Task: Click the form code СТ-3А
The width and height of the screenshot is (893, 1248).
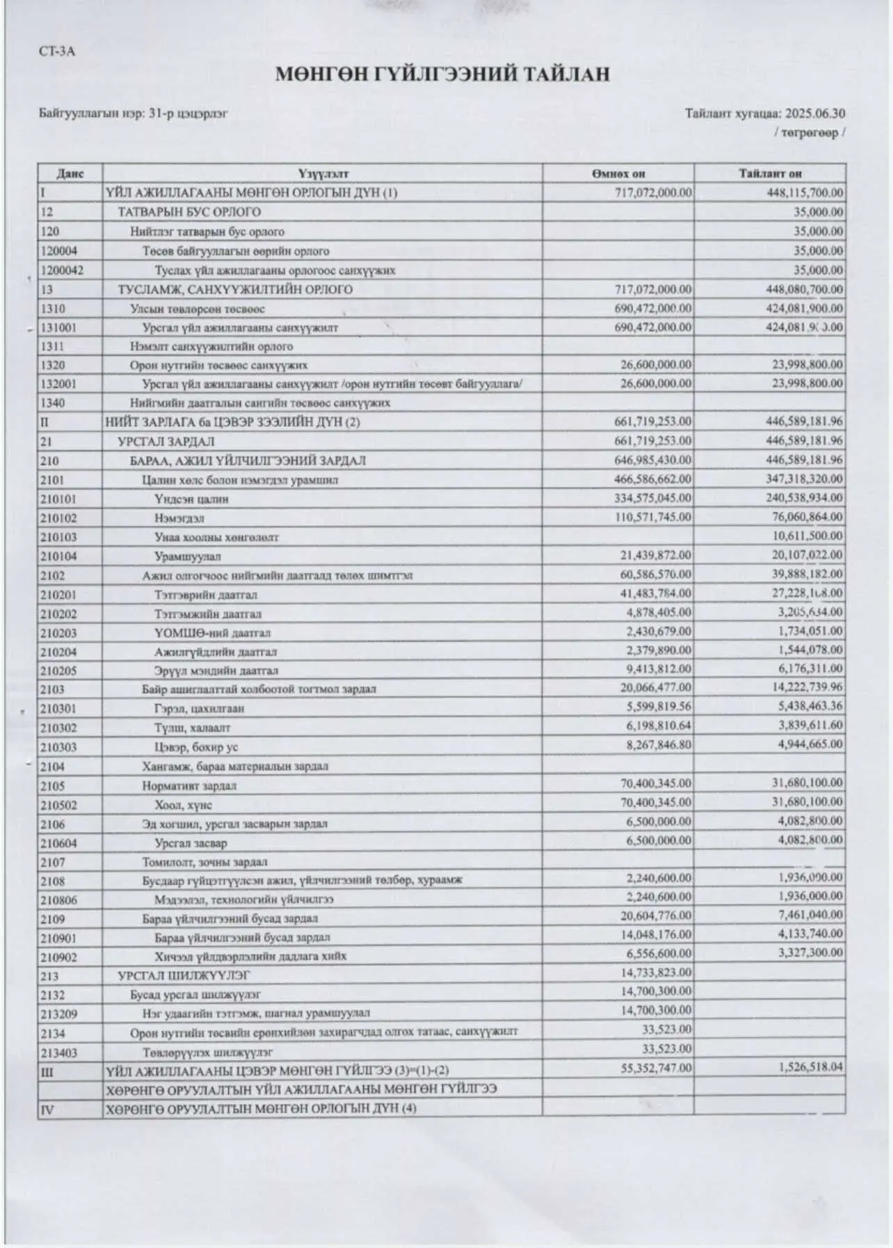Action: tap(57, 52)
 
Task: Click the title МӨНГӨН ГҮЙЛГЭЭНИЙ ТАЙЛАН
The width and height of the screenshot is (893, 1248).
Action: tap(442, 74)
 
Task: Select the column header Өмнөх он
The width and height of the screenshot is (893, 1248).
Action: tap(618, 174)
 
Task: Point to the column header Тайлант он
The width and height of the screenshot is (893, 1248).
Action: tap(770, 174)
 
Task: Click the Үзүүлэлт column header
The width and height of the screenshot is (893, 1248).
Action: tap(323, 174)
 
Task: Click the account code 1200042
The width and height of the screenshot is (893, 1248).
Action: tap(62, 270)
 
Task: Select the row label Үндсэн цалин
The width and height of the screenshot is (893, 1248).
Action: tap(192, 499)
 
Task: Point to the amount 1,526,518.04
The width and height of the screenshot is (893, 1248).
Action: tap(810, 1066)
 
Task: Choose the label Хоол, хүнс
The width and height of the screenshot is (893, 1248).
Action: tap(184, 805)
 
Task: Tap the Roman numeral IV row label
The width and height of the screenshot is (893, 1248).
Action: tap(47, 1110)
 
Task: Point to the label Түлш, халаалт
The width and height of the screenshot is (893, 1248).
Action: tap(192, 728)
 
